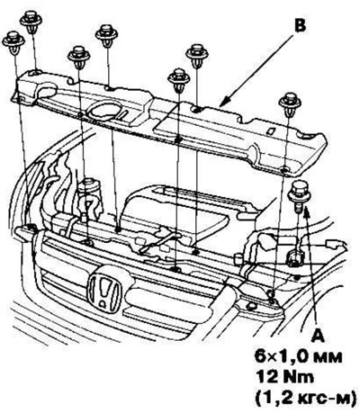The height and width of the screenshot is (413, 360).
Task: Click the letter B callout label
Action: point(300,25)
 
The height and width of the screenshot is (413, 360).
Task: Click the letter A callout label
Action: point(318,336)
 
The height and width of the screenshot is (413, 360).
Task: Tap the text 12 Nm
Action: point(284,376)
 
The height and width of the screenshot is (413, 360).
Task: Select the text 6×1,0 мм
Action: point(299,356)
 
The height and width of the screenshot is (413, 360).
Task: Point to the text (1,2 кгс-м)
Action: point(304,397)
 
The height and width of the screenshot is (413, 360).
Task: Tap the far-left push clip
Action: point(13,43)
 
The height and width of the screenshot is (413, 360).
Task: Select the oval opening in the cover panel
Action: point(103,111)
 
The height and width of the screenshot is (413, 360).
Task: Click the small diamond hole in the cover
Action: point(270,130)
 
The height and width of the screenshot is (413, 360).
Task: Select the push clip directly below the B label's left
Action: point(197,56)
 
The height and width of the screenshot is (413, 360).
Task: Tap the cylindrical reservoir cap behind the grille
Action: point(89,186)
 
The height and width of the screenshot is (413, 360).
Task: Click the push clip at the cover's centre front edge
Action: point(179,80)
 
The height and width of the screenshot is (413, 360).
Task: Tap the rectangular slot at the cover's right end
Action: point(308,137)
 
